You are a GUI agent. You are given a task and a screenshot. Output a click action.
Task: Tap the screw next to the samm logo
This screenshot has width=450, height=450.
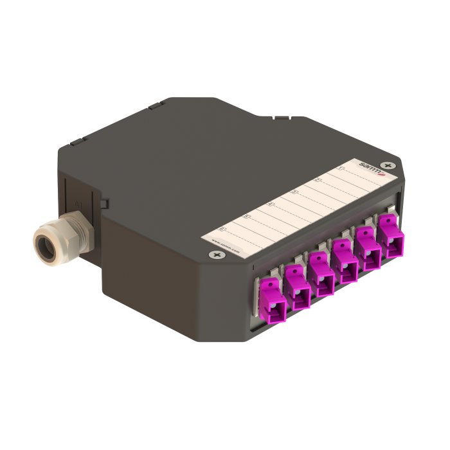386,166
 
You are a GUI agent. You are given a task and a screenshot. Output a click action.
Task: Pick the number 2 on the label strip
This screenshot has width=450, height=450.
317,180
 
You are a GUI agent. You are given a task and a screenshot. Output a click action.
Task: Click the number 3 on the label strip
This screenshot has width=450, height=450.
293,192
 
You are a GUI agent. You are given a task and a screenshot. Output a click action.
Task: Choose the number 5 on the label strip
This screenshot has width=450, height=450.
245,217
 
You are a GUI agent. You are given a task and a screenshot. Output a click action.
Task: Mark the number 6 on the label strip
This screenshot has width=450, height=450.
222,228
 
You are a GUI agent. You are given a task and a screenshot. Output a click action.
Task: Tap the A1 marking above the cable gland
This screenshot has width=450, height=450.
77,204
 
